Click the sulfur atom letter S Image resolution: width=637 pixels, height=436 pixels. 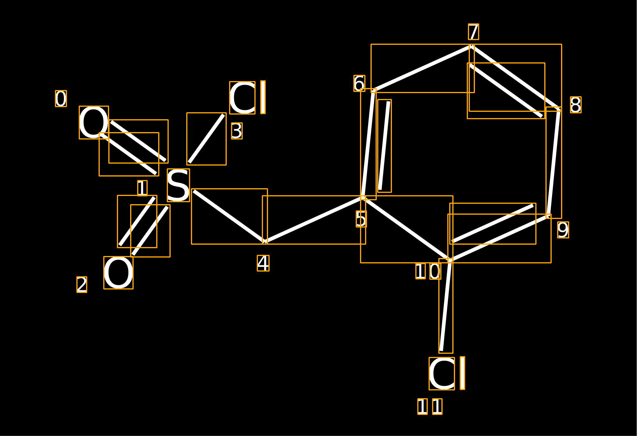point(178,185)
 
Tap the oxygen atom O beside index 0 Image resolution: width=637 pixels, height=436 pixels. point(94,122)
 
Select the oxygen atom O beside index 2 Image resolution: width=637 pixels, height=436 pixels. point(118,273)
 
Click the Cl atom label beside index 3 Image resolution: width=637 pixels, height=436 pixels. point(247,97)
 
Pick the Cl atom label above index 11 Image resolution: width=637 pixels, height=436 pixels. point(447,373)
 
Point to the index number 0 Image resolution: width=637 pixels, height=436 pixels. point(61,99)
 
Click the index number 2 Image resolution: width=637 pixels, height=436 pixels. point(81,284)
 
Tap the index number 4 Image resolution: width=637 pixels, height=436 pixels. point(263,263)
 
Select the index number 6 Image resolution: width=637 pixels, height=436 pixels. point(359,83)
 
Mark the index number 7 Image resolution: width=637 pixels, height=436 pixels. point(473,32)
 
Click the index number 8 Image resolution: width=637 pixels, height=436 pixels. point(575,105)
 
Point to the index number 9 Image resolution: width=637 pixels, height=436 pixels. point(563,230)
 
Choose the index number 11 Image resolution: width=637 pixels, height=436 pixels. point(430,407)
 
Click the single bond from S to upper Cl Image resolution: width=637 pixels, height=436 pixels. point(206,139)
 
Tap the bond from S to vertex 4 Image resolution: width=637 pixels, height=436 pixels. point(229,216)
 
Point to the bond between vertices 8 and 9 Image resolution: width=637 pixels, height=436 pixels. point(554,163)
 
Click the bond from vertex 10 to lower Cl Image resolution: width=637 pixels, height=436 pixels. point(446,306)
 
